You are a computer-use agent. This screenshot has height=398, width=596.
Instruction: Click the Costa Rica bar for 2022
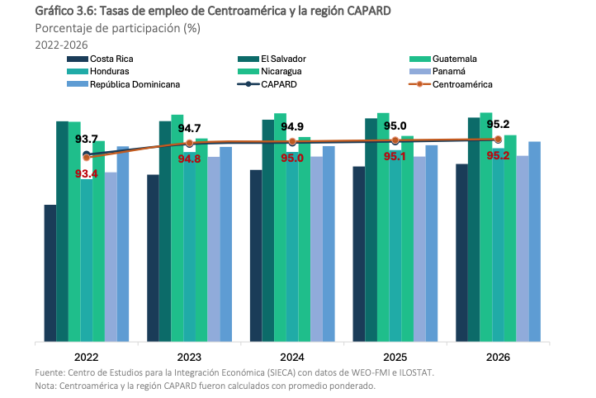coord(50,272)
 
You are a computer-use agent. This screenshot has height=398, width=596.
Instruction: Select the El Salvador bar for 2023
coord(165,231)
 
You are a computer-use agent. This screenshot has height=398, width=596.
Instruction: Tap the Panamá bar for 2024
coord(316,249)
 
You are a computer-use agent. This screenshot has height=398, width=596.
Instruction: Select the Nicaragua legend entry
coord(286,72)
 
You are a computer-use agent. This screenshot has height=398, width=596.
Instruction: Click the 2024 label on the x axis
coord(292,358)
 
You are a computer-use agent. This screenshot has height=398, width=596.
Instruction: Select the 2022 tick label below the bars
coord(87,358)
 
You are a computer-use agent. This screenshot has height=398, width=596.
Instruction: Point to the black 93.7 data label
coord(87,140)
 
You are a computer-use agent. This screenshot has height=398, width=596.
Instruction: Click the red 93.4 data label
coord(87,173)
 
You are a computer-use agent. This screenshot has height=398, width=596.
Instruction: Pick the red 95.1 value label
coord(395,156)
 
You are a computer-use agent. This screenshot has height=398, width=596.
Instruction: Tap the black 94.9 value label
coord(292,126)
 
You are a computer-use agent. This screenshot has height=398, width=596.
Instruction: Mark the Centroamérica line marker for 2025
coord(395,140)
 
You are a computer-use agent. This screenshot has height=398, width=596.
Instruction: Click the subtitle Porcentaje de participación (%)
coord(117,28)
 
